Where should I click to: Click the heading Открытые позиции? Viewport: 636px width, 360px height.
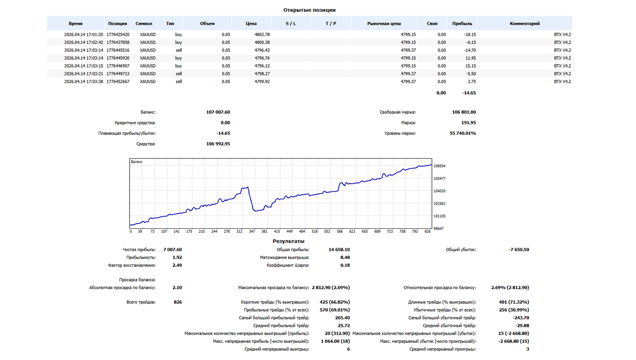point(309,10)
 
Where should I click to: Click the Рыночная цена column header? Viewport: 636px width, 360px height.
point(384,24)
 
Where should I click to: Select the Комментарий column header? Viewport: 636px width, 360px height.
point(525,24)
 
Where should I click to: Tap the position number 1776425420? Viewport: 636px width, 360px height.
point(118,35)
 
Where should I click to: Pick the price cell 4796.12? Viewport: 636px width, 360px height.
point(262,66)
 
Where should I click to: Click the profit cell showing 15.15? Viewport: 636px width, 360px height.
point(470,66)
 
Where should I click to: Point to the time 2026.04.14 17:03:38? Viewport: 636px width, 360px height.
point(83,81)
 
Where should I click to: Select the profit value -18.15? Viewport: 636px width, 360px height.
point(470,35)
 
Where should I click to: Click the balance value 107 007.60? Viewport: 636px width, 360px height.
point(218,112)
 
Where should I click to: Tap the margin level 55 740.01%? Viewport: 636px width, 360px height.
point(462,133)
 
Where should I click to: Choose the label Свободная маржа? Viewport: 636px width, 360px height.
point(397,112)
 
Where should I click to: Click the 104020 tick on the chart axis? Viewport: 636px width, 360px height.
point(439,191)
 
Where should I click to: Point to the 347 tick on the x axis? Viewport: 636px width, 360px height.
point(252,231)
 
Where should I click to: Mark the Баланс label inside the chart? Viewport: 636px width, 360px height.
point(137,162)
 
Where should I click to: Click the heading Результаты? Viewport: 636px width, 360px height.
point(288,241)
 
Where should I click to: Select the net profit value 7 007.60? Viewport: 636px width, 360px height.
point(173,250)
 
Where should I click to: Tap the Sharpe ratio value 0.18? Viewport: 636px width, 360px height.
point(345,265)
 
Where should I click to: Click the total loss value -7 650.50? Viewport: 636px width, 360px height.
point(519,250)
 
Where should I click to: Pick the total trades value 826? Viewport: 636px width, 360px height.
point(178,302)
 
